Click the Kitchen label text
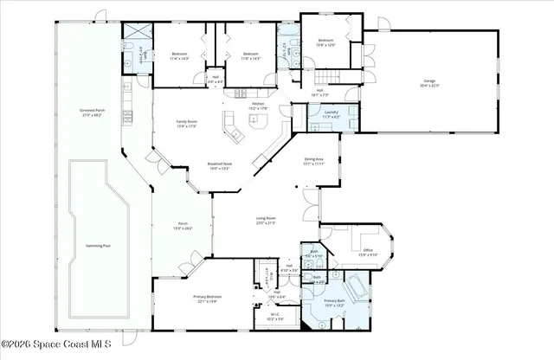click(x=258, y=106)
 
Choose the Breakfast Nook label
click(x=219, y=166)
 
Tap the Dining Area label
click(x=313, y=162)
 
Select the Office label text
click(x=368, y=252)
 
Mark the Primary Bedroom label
click(x=204, y=299)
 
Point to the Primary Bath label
click(x=335, y=303)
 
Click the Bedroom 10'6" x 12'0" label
click(x=325, y=42)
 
